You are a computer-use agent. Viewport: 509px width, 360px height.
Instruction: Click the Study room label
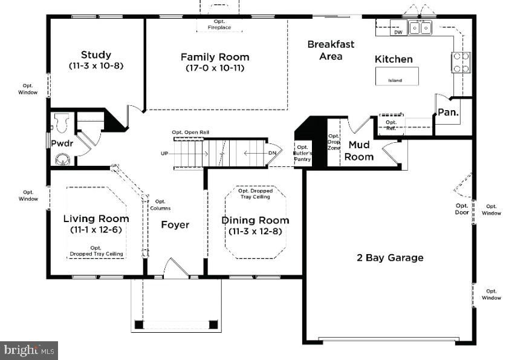click(x=96, y=55)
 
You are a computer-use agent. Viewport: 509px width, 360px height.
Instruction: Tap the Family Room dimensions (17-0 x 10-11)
click(x=215, y=68)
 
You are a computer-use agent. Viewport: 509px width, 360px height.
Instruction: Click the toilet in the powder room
click(x=60, y=123)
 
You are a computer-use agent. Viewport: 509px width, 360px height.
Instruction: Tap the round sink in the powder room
click(x=62, y=160)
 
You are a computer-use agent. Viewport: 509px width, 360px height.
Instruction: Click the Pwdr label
click(x=62, y=143)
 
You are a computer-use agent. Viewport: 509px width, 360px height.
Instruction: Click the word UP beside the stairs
click(x=164, y=154)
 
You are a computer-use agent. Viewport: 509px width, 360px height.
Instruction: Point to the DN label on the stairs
click(x=272, y=154)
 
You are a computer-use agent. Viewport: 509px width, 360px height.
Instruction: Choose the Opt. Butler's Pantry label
click(x=302, y=154)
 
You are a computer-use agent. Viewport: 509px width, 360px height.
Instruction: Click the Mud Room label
click(x=359, y=151)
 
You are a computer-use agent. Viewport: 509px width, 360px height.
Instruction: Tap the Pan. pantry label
click(x=448, y=112)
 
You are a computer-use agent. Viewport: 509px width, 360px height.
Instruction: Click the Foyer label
click(x=175, y=225)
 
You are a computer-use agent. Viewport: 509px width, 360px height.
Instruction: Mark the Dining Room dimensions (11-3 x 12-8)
click(x=254, y=232)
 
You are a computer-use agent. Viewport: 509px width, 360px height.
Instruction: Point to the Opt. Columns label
click(x=160, y=205)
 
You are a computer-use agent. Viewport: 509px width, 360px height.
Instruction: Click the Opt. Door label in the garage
click(x=462, y=209)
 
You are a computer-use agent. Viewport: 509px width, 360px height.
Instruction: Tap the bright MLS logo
click(x=29, y=349)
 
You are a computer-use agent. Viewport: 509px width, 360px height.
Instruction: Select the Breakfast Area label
click(x=331, y=50)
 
